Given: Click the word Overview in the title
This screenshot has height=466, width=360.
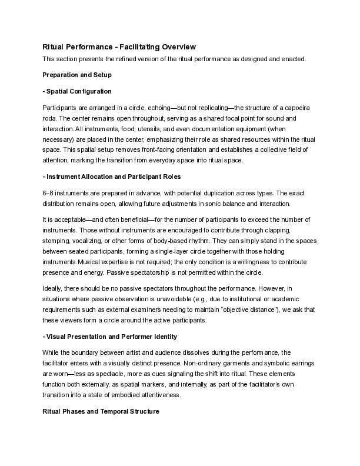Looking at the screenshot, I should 175,47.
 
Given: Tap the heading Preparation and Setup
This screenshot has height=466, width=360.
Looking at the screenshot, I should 77,75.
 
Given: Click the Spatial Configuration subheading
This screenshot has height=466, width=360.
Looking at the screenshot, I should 77,92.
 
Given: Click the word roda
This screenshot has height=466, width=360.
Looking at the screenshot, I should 51,118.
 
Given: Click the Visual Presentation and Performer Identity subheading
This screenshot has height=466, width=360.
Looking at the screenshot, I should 110,337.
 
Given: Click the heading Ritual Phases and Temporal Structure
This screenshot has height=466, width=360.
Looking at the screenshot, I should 101,412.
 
